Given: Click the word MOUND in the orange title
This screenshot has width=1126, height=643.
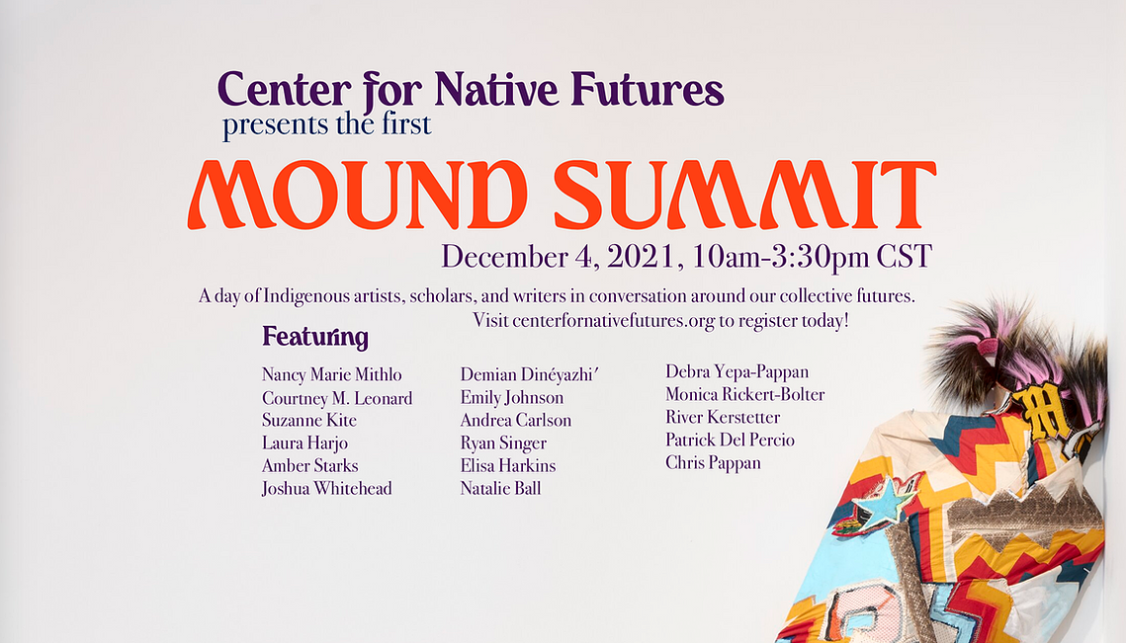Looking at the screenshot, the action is [358, 195].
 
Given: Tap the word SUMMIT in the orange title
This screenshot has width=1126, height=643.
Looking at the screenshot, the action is [744, 195].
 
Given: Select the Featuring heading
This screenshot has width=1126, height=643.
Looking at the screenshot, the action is [315, 337].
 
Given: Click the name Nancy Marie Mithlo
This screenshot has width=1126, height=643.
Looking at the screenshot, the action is [332, 374].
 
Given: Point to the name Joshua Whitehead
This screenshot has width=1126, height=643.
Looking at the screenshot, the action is [327, 489].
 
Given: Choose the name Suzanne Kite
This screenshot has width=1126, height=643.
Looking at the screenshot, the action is [308, 420].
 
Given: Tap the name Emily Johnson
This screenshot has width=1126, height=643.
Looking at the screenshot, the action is [512, 398].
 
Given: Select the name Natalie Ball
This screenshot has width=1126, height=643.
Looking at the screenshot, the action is [500, 489].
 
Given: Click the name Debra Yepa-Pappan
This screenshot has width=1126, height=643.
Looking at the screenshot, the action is [736, 371].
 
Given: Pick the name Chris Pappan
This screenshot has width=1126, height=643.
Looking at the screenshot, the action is [713, 463].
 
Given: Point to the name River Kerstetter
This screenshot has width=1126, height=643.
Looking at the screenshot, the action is [723, 417].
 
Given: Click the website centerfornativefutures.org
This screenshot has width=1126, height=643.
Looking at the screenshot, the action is [613, 321].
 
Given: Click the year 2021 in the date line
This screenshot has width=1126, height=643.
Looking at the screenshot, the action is [642, 257].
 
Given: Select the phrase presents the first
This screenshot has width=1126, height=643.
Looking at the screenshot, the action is [327, 124].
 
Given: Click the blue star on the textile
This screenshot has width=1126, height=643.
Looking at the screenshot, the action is [884, 500].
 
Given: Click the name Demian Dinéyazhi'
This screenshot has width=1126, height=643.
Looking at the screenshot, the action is [529, 374].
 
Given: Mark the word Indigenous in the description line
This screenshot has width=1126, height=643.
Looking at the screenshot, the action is [306, 295].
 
